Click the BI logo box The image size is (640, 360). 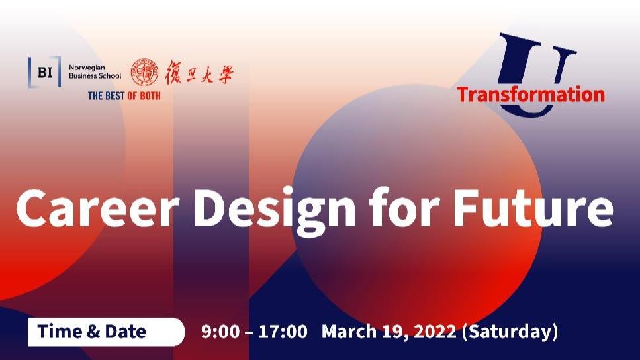pyautogui.click(x=44, y=72)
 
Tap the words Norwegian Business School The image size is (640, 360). pyautogui.click(x=95, y=71)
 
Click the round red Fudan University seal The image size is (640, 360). pyautogui.click(x=144, y=72)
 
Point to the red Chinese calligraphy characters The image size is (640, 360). pyautogui.click(x=199, y=72)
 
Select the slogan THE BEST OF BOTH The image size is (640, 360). pyautogui.click(x=124, y=95)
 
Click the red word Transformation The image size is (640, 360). pyautogui.click(x=531, y=94)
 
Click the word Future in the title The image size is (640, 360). pyautogui.click(x=533, y=208)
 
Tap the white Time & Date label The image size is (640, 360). pyautogui.click(x=106, y=332)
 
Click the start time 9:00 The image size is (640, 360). pyautogui.click(x=220, y=332)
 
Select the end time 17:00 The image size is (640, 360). pyautogui.click(x=283, y=332)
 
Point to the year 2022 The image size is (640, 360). pyautogui.click(x=435, y=332)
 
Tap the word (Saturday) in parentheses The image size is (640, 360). pyautogui.click(x=510, y=332)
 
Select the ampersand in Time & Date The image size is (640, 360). pyautogui.click(x=93, y=332)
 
